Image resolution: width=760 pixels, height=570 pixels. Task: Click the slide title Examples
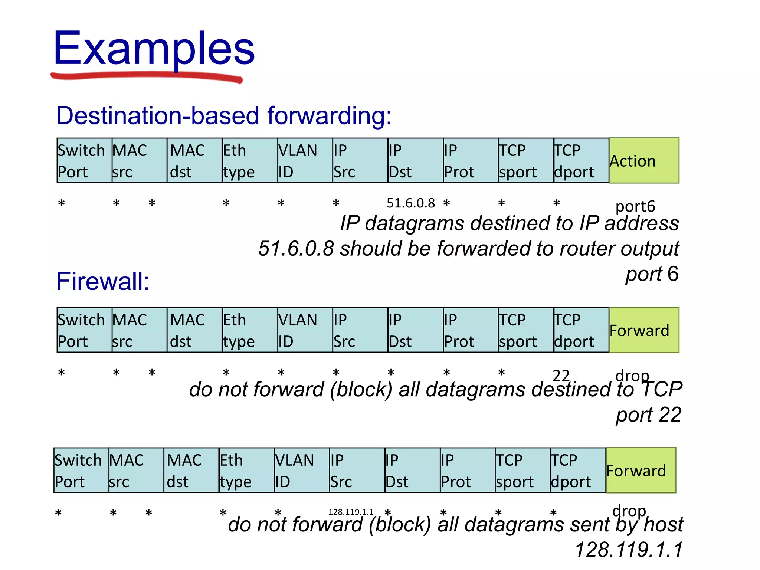click(x=154, y=48)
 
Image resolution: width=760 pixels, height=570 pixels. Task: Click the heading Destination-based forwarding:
click(x=224, y=115)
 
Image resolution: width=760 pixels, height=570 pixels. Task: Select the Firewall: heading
click(x=103, y=281)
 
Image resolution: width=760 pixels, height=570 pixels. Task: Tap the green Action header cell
click(x=644, y=161)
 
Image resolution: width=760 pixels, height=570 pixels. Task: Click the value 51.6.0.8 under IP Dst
click(x=410, y=203)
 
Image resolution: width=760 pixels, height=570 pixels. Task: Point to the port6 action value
click(x=635, y=206)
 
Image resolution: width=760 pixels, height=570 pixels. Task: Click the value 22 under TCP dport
click(x=561, y=375)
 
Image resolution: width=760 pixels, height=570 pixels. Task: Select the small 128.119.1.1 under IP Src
click(x=351, y=512)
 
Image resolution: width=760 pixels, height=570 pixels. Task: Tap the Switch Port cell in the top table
click(x=84, y=161)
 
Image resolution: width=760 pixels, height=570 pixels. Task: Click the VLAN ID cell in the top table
click(x=305, y=161)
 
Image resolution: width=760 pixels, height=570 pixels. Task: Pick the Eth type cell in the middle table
click(x=250, y=330)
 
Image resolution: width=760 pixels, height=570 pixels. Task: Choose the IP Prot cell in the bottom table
click(x=467, y=471)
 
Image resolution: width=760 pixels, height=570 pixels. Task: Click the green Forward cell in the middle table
click(x=644, y=330)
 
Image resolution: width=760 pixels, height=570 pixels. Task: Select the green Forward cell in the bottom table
click(x=641, y=471)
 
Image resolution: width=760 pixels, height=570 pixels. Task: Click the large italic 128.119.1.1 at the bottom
click(x=629, y=550)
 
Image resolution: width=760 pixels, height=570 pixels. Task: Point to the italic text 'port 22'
click(x=648, y=415)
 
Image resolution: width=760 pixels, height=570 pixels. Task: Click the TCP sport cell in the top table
click(x=525, y=161)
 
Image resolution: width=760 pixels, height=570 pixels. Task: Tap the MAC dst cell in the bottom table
click(x=191, y=471)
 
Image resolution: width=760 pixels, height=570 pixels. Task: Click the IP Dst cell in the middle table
click(x=415, y=330)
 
